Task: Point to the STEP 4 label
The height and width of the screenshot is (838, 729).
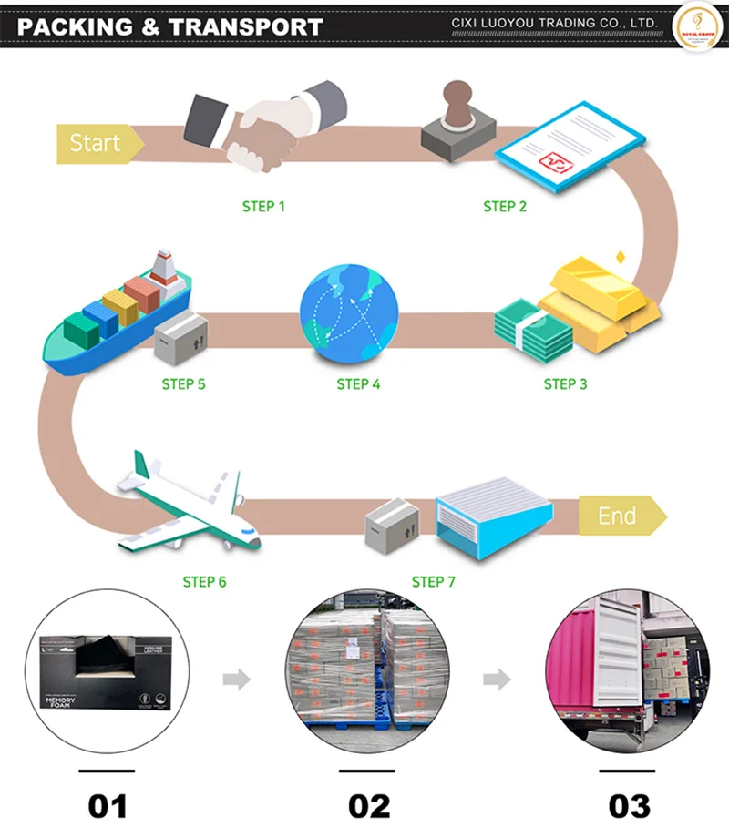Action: (358, 383)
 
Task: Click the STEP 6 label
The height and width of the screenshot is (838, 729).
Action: (204, 581)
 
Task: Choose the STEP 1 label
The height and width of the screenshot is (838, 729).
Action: (263, 207)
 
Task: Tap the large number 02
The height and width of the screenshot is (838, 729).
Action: (369, 805)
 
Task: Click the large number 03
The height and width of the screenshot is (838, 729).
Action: (630, 805)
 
